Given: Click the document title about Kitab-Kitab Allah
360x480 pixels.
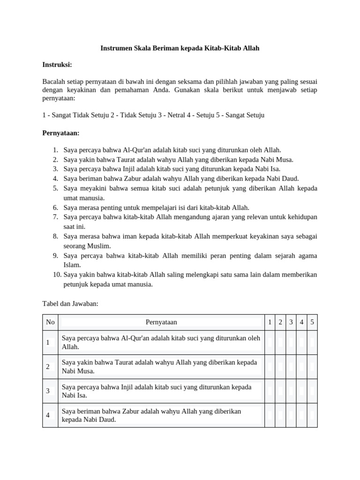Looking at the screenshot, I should point(180,48).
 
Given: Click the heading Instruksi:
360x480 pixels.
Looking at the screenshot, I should point(57,64).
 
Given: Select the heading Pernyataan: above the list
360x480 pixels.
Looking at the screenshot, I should point(61,133).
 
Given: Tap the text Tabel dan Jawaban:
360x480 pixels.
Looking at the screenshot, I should point(70,303).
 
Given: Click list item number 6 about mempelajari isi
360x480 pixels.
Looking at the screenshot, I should point(157,207).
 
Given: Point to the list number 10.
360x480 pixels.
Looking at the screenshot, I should point(57,274).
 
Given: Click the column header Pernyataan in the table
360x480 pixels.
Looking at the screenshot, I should point(161,322).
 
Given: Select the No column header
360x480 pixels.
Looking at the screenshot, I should point(50,322).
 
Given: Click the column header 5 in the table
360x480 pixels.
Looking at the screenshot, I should point(312,322).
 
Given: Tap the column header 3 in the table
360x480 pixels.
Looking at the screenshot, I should point(291,322).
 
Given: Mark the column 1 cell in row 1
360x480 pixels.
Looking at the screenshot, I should point(270,342).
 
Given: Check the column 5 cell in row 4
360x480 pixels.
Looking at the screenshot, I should point(312,415).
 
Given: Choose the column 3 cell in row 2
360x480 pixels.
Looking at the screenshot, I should point(291,367).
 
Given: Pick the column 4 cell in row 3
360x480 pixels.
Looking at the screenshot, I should point(301,391).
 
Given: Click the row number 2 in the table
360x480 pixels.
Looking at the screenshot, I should point(48,367).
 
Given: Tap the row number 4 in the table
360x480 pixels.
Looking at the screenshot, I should point(48,415).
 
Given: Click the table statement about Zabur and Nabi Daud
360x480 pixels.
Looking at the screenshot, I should point(151,415).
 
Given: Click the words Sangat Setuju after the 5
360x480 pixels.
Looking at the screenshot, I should point(245,115).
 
